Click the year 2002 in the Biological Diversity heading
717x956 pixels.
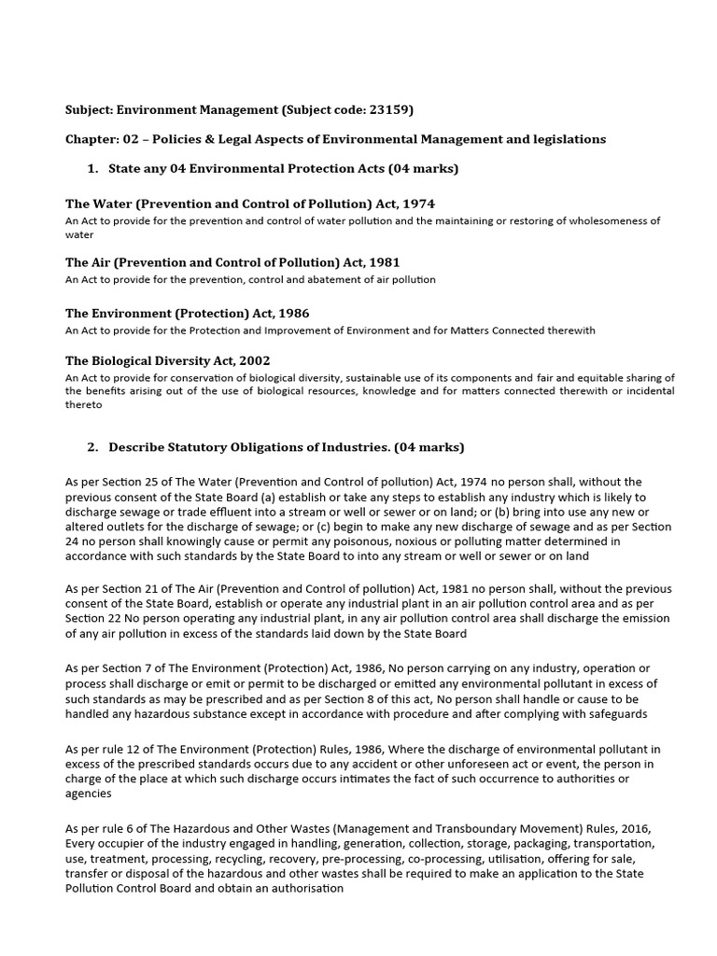[x=264, y=360]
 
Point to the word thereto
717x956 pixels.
[x=82, y=406]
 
